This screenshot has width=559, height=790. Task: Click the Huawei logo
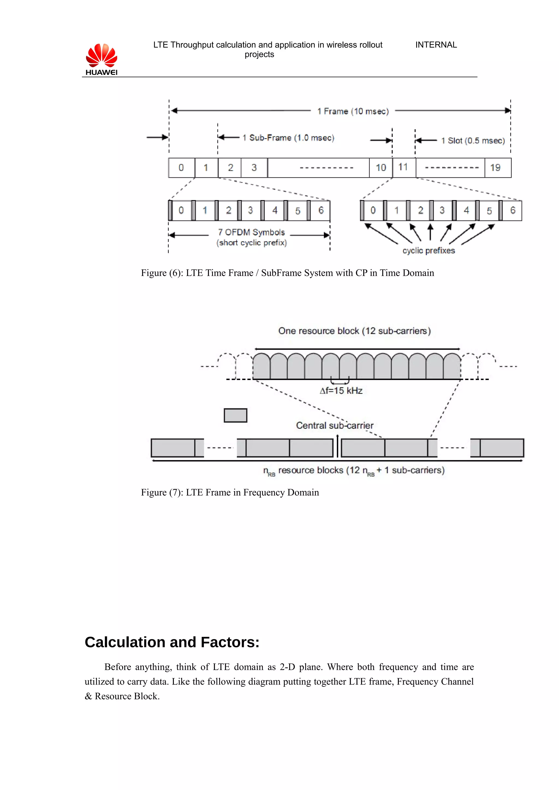101,59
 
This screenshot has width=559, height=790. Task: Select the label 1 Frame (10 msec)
353,111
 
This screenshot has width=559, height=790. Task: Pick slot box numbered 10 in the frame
380,168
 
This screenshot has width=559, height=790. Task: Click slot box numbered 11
404,168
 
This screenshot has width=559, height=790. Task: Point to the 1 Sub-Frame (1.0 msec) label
288,138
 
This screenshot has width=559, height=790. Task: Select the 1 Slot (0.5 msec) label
473,140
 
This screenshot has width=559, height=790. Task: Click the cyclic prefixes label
429,251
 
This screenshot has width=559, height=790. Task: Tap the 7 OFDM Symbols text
251,232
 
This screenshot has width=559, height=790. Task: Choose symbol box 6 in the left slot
320,210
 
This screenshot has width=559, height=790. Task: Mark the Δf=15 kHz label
341,391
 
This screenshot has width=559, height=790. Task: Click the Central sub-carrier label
334,425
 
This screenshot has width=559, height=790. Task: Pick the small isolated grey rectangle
235,415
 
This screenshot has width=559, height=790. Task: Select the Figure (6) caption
287,273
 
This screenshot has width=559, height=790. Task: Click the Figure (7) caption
230,492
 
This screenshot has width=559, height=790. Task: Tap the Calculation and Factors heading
172,642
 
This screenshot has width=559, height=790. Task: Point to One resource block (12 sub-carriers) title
354,331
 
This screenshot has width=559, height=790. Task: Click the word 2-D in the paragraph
287,667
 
